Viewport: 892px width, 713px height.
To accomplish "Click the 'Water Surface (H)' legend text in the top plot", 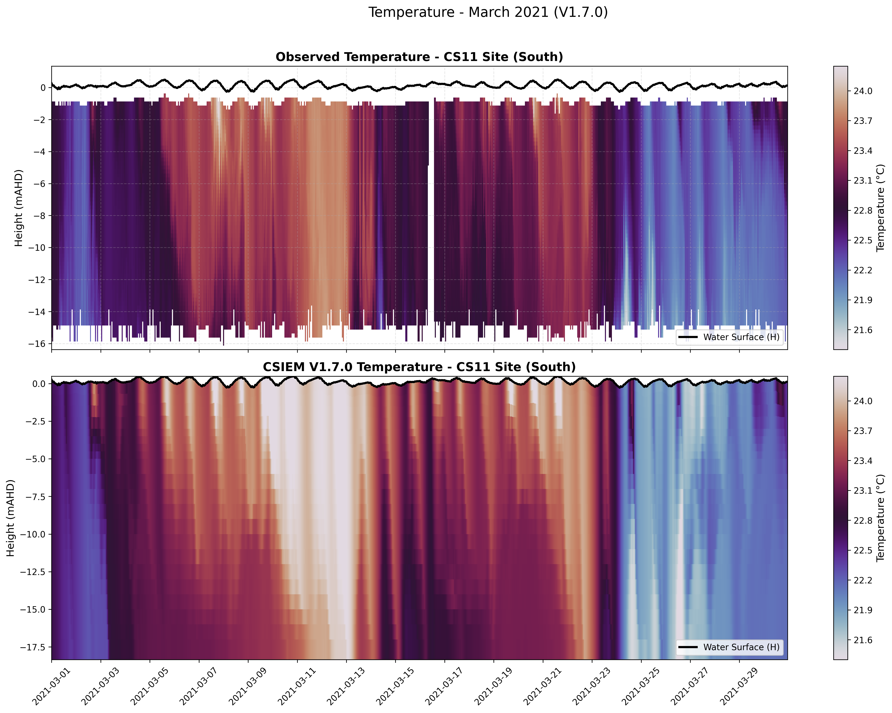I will click(741, 337).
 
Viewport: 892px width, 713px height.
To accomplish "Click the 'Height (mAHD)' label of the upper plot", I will click(19, 208).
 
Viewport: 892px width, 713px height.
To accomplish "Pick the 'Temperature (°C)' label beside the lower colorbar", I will click(881, 517).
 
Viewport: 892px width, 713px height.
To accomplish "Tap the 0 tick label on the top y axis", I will click(43, 88).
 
